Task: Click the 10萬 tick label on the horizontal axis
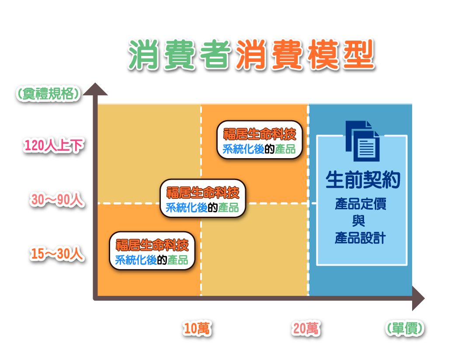pyautogui.click(x=197, y=329)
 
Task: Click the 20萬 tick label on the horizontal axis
pyautogui.click(x=306, y=329)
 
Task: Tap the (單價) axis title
pyautogui.click(x=405, y=329)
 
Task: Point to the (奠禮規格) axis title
pyautogui.click(x=49, y=93)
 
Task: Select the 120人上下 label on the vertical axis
pyautogui.click(x=54, y=145)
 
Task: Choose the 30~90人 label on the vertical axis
pyautogui.click(x=57, y=200)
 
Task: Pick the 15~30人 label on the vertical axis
pyautogui.click(x=57, y=254)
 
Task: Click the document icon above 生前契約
pyautogui.click(x=362, y=141)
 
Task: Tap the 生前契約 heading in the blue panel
pyautogui.click(x=363, y=180)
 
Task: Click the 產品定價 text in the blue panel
pyautogui.click(x=360, y=204)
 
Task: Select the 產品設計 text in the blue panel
pyautogui.click(x=360, y=238)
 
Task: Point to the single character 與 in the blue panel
pyautogui.click(x=359, y=221)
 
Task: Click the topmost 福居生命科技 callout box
pyautogui.click(x=260, y=140)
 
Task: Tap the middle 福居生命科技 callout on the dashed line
pyautogui.click(x=203, y=198)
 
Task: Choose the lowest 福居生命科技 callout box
pyautogui.click(x=152, y=251)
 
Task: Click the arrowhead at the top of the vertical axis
pyautogui.click(x=95, y=90)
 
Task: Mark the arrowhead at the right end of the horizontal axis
pyautogui.click(x=418, y=298)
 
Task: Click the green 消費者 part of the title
pyautogui.click(x=180, y=55)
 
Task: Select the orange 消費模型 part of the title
pyautogui.click(x=305, y=55)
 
